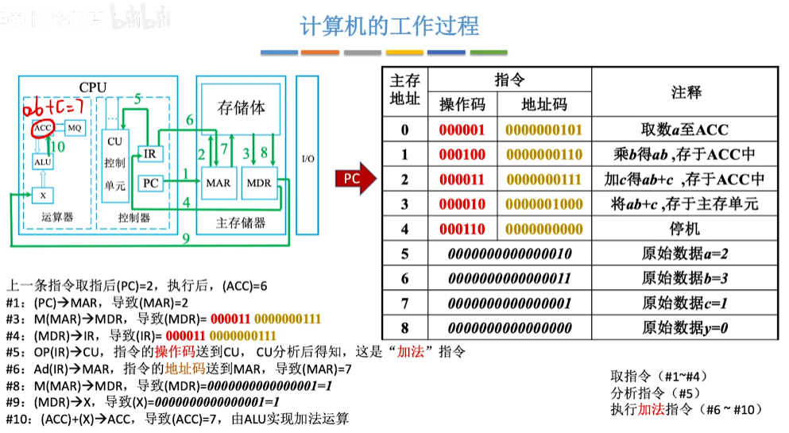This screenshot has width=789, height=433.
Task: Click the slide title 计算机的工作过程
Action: coord(389,26)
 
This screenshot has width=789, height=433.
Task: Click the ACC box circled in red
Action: coord(42,127)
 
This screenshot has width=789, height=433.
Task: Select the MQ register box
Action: coord(74,127)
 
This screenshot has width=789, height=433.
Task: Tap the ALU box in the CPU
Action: coord(42,161)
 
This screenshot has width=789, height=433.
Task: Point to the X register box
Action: coord(42,195)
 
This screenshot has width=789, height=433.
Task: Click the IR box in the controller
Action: coord(149,153)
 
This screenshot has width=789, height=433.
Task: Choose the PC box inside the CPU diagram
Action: coord(149,184)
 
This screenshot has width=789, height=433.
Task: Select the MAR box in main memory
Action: coord(218,184)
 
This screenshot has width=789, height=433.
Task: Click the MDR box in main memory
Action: coord(259,184)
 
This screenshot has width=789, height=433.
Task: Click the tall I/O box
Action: coord(307,158)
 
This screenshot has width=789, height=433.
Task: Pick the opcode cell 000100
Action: coord(462,155)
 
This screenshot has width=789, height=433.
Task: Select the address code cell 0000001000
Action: coord(543,204)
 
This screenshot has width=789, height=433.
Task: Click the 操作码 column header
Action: coord(462,105)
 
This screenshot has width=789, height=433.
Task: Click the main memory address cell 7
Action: coord(404,303)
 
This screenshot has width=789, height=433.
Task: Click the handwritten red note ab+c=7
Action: coord(53,106)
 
